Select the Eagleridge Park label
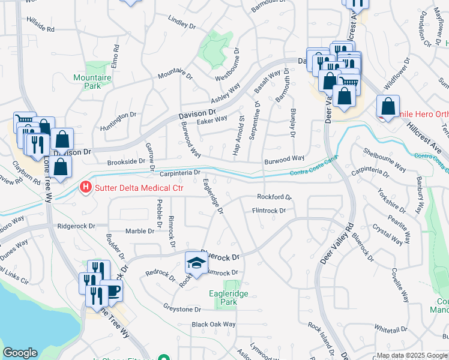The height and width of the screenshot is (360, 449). [x=228, y=298]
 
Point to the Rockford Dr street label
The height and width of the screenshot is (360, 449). [x=274, y=197]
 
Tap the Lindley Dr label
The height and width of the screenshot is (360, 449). [x=182, y=23]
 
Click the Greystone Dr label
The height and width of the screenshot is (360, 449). [x=182, y=309]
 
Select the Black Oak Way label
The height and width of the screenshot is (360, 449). [x=213, y=325]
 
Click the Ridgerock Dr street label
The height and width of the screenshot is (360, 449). [x=76, y=226]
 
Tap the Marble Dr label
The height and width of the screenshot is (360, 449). [x=140, y=231]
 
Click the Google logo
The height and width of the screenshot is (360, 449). [x=20, y=353]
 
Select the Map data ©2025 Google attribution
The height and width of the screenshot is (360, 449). [x=411, y=355]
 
